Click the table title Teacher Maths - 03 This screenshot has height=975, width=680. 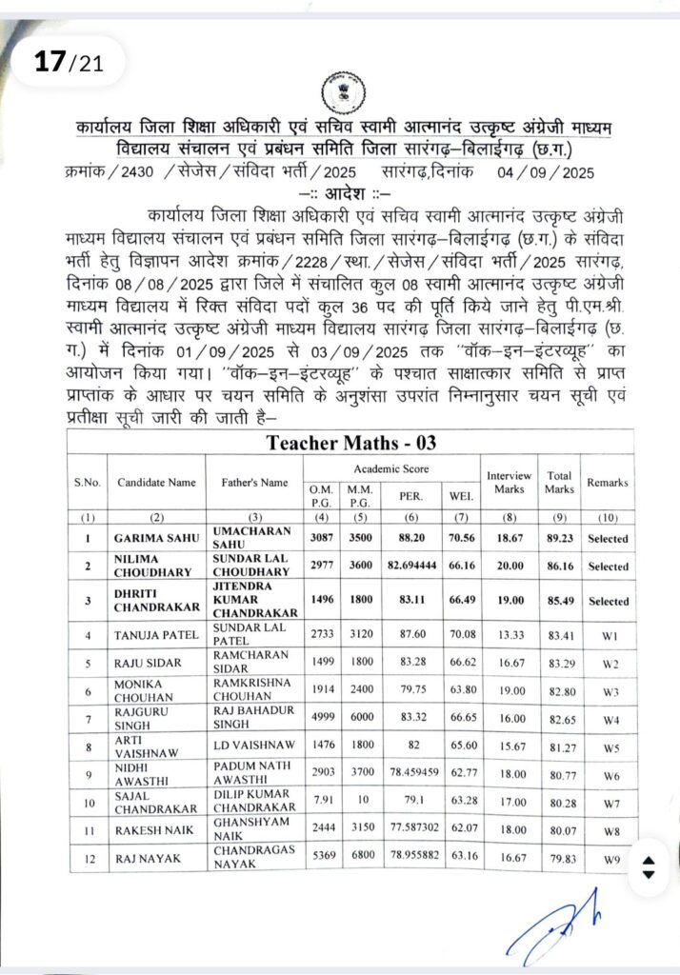coord(350,442)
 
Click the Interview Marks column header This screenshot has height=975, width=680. coord(509,482)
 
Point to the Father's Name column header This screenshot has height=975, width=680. coord(254,482)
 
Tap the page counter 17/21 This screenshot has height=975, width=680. coord(66,63)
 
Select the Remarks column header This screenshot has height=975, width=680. coord(607,482)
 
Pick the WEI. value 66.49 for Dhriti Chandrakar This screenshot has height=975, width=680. coord(459,601)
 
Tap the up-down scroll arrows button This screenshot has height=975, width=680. coord(649,867)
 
